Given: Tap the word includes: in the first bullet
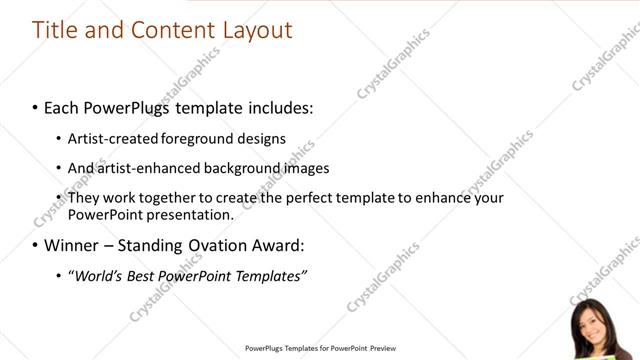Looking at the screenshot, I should (x=277, y=106).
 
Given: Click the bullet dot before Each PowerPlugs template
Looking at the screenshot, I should (x=36, y=107).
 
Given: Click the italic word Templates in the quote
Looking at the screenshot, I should (x=270, y=276).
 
